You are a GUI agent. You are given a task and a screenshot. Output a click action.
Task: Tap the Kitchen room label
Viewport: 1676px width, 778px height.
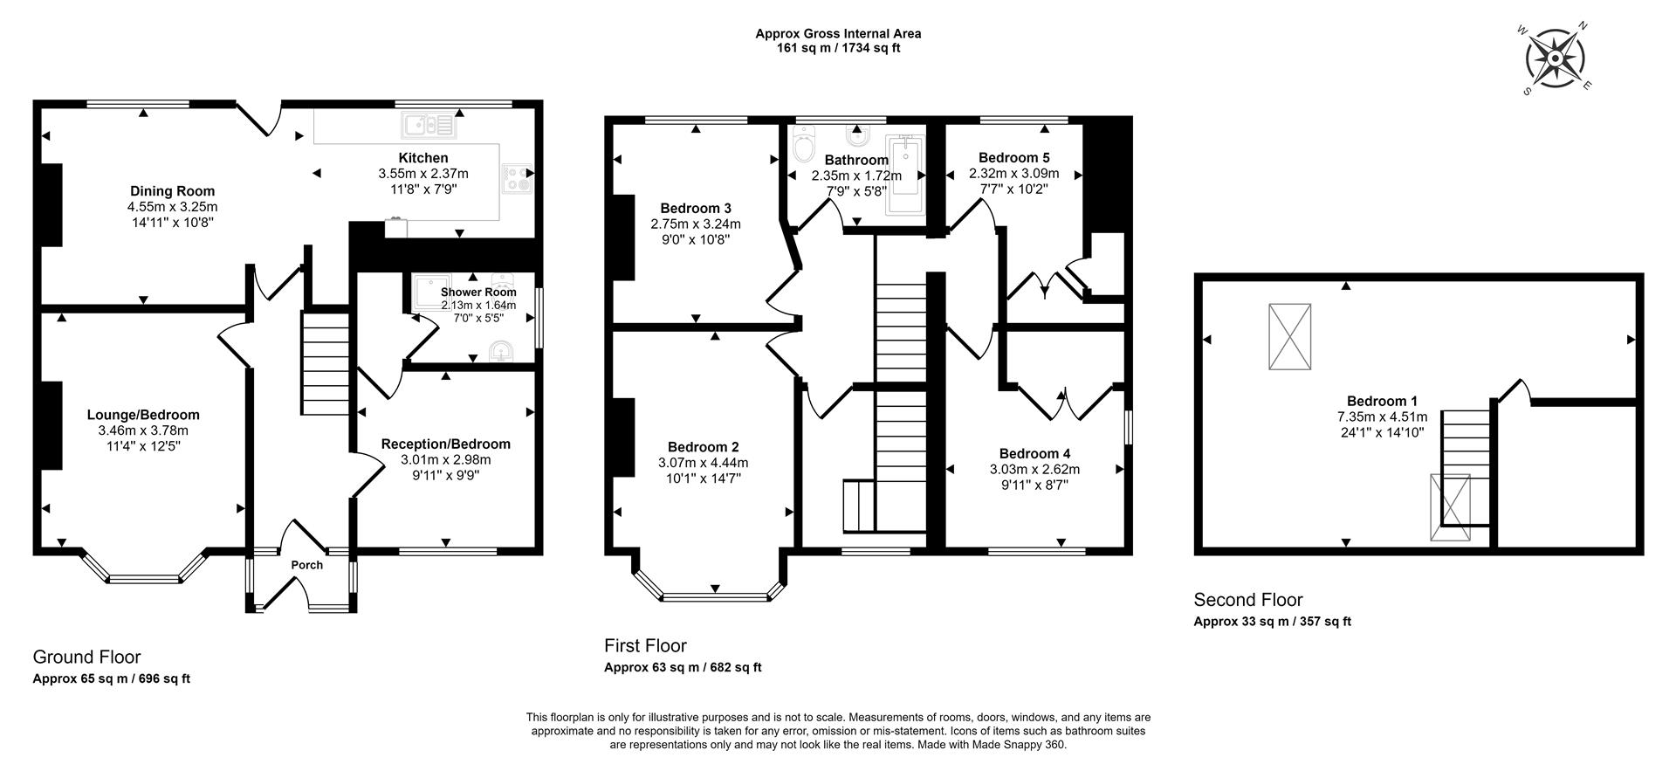(423, 158)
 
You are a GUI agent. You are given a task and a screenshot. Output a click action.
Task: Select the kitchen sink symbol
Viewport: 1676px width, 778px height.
(429, 127)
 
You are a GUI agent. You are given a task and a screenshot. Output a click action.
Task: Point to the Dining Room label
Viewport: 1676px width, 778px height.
(172, 191)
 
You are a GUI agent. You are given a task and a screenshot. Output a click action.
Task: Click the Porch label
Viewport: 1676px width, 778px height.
(307, 565)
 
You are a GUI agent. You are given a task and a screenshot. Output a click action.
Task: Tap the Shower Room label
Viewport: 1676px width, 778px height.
(478, 293)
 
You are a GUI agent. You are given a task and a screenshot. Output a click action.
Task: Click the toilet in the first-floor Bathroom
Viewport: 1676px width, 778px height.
(803, 146)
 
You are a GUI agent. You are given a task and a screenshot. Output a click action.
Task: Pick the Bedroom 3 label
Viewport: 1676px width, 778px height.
(696, 208)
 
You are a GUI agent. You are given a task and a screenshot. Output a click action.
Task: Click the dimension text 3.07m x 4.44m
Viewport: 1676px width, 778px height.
(703, 463)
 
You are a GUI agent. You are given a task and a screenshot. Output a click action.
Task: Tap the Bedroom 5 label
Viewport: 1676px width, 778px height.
(1013, 158)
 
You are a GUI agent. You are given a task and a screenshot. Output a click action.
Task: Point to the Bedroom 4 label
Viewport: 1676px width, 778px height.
(1034, 454)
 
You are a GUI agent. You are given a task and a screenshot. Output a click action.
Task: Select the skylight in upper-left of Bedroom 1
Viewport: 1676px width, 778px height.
(1289, 336)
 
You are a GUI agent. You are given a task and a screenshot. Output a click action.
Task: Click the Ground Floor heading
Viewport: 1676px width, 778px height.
(86, 658)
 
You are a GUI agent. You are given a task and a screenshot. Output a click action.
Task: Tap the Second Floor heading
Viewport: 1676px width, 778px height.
(1248, 600)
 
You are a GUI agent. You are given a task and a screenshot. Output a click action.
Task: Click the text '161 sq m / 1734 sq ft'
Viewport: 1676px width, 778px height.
(838, 48)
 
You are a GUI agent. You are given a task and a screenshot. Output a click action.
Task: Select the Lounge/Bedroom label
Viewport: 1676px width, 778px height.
(143, 416)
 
